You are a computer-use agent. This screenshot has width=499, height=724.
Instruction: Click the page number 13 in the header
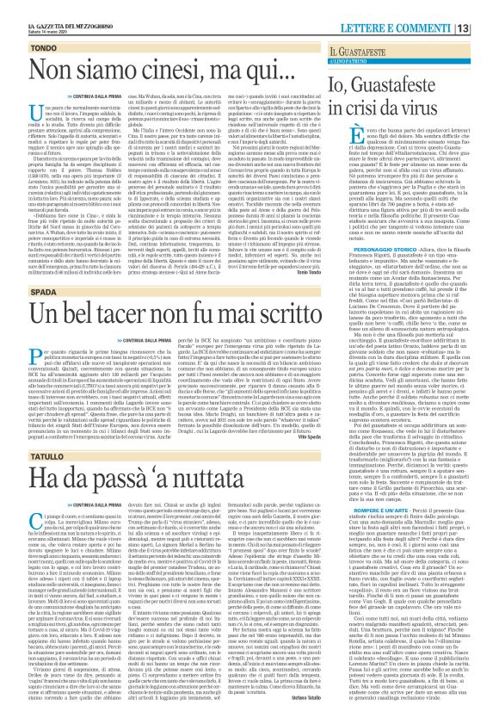pyautogui.click(x=487, y=8)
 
